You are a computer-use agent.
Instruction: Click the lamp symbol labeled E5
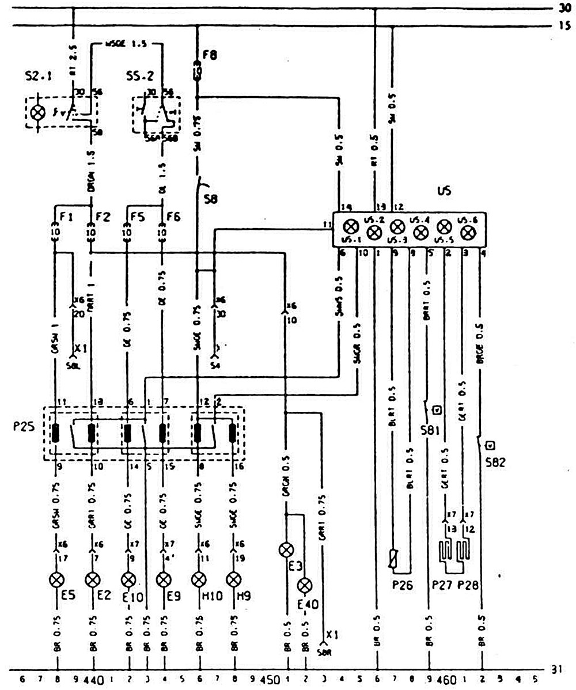pyautogui.click(x=56, y=578)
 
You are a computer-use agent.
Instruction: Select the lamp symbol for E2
pyautogui.click(x=92, y=578)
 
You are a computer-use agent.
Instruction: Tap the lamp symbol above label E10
pyautogui.click(x=128, y=578)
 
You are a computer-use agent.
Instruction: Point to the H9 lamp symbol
pyautogui.click(x=233, y=578)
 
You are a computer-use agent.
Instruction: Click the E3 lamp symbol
pyautogui.click(x=286, y=550)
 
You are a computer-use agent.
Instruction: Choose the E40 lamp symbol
pyautogui.click(x=305, y=586)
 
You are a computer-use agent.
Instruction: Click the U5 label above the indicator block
pyautogui.click(x=444, y=196)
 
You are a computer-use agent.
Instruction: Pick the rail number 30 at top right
pyautogui.click(x=564, y=8)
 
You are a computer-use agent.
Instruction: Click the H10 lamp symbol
pyautogui.click(x=198, y=578)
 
